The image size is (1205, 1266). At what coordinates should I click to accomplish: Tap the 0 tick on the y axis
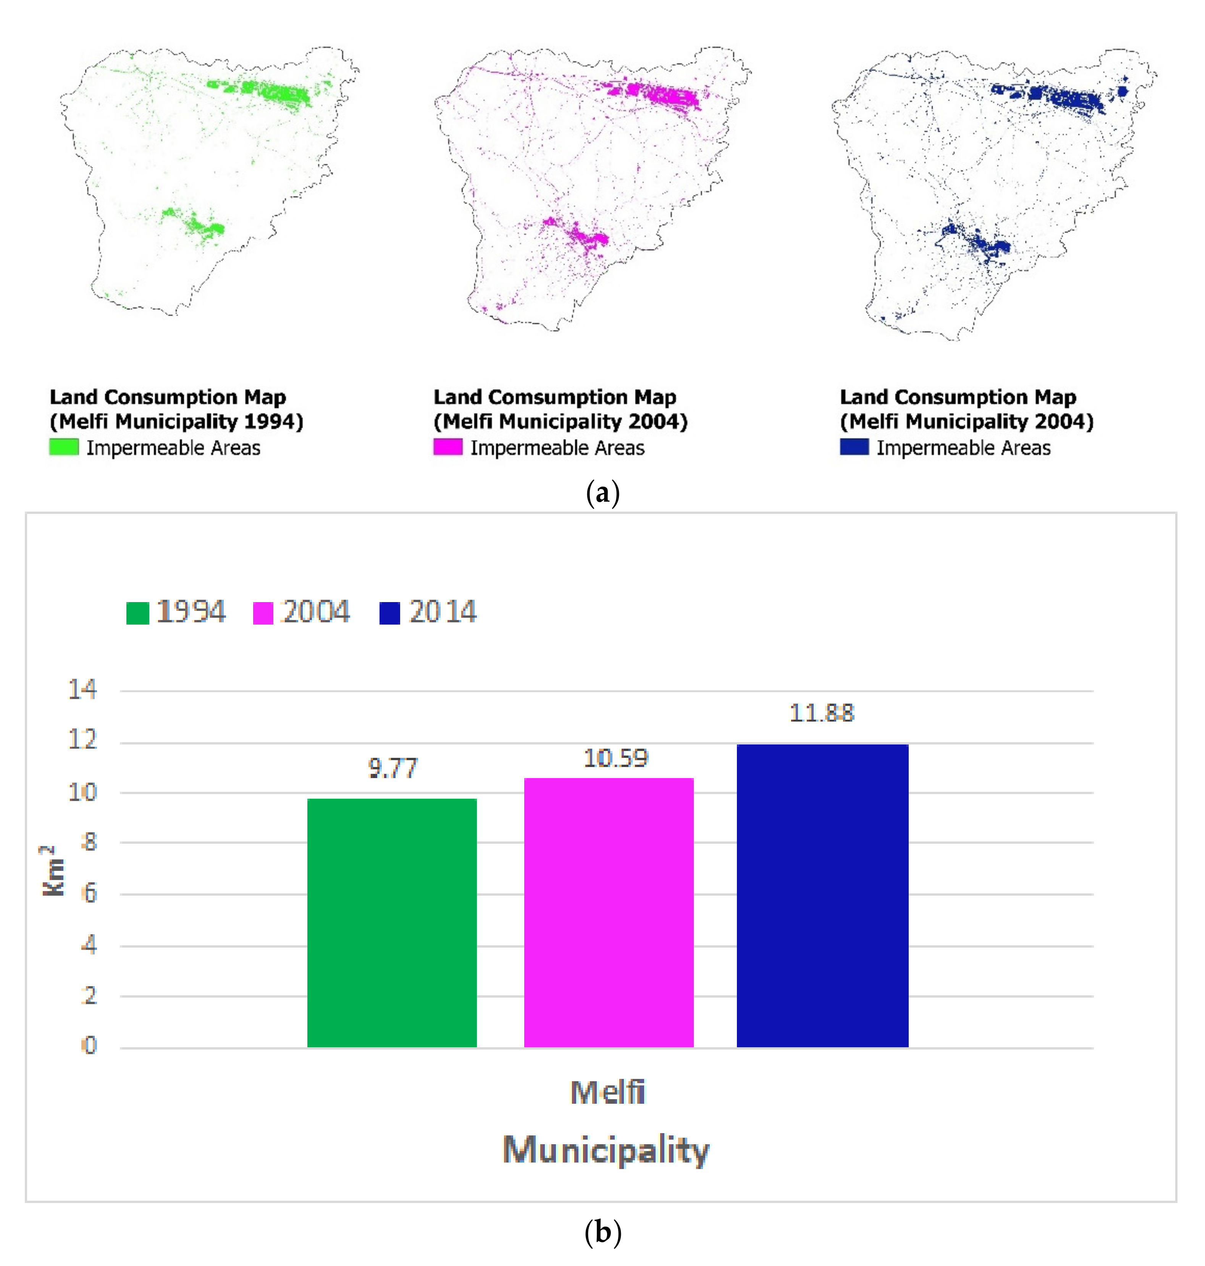click(89, 1046)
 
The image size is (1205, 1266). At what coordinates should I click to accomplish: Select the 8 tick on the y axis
click(89, 842)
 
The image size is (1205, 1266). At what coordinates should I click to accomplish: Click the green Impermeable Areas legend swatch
click(64, 447)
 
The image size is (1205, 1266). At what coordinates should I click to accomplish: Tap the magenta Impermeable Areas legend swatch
click(448, 447)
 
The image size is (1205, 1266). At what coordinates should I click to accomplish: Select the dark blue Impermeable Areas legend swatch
click(854, 447)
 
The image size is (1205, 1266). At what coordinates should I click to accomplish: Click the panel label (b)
click(602, 1233)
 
